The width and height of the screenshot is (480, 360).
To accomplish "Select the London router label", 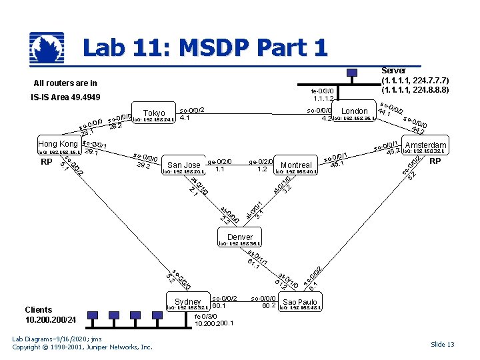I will coord(354,111).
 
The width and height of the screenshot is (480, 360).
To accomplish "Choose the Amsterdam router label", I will coord(425,145).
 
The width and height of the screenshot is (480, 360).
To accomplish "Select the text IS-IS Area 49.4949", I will coord(65,98).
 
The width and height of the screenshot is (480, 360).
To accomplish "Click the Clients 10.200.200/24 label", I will coord(47,315).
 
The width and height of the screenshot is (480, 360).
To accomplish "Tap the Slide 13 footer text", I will coord(442,344).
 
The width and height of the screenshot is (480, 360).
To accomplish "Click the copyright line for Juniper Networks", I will coord(83,347).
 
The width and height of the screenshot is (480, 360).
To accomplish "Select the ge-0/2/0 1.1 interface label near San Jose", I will coord(220,165).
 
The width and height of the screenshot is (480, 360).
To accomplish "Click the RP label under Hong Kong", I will coord(46,162).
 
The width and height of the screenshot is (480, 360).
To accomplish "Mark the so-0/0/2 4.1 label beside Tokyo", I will coord(192,114).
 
